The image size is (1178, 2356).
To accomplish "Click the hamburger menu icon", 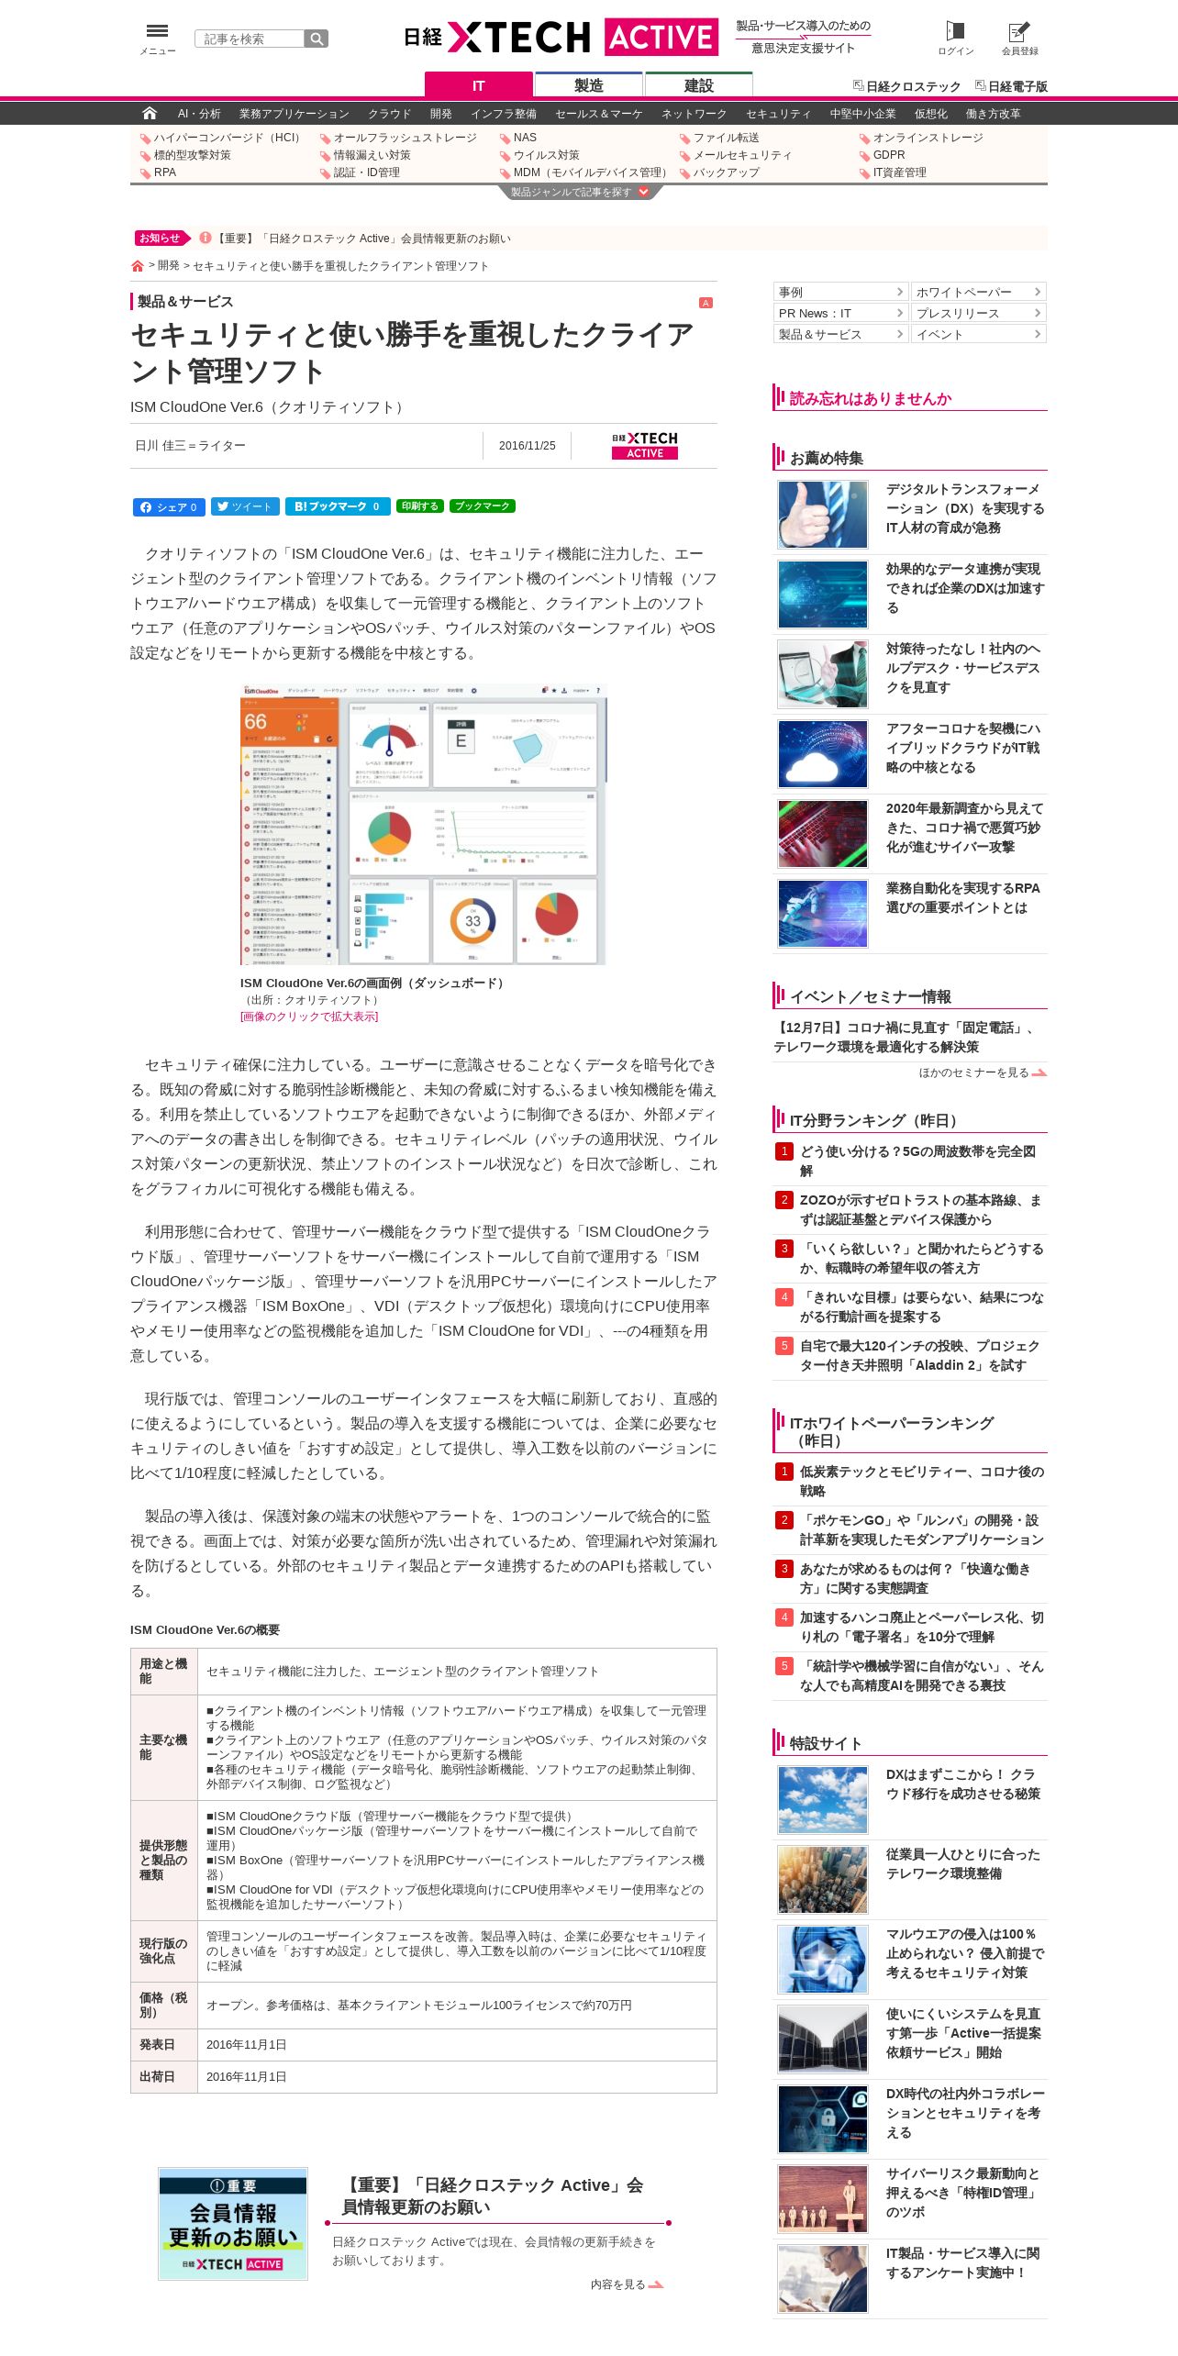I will tap(157, 32).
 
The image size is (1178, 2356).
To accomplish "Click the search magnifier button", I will tap(317, 39).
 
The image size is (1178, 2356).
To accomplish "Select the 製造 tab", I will tap(588, 85).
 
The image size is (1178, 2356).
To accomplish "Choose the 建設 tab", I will tap(698, 85).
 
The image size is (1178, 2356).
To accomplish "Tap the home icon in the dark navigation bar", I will tap(150, 113).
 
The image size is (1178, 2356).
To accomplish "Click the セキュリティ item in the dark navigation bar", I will tap(778, 114).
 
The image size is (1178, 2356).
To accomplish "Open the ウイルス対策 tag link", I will tap(546, 155).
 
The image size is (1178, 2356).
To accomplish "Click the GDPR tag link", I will tap(888, 155).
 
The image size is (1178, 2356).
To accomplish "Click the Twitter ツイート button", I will tap(245, 506).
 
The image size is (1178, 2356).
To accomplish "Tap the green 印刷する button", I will tap(419, 506).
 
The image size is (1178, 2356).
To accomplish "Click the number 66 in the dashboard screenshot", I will tap(255, 722).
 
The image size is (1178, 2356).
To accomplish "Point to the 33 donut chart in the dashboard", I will tap(472, 920).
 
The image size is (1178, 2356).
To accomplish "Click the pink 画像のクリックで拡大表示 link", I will tap(309, 1017).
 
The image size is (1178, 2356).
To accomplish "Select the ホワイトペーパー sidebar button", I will tap(978, 292).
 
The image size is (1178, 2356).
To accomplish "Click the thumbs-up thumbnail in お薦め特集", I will tap(823, 515).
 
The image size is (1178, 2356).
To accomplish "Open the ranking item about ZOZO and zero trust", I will tap(920, 1209).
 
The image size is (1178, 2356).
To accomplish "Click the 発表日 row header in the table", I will tap(157, 2045).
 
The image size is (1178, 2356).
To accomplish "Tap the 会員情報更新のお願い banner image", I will tap(233, 2223).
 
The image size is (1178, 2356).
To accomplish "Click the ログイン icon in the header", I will tap(955, 37).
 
